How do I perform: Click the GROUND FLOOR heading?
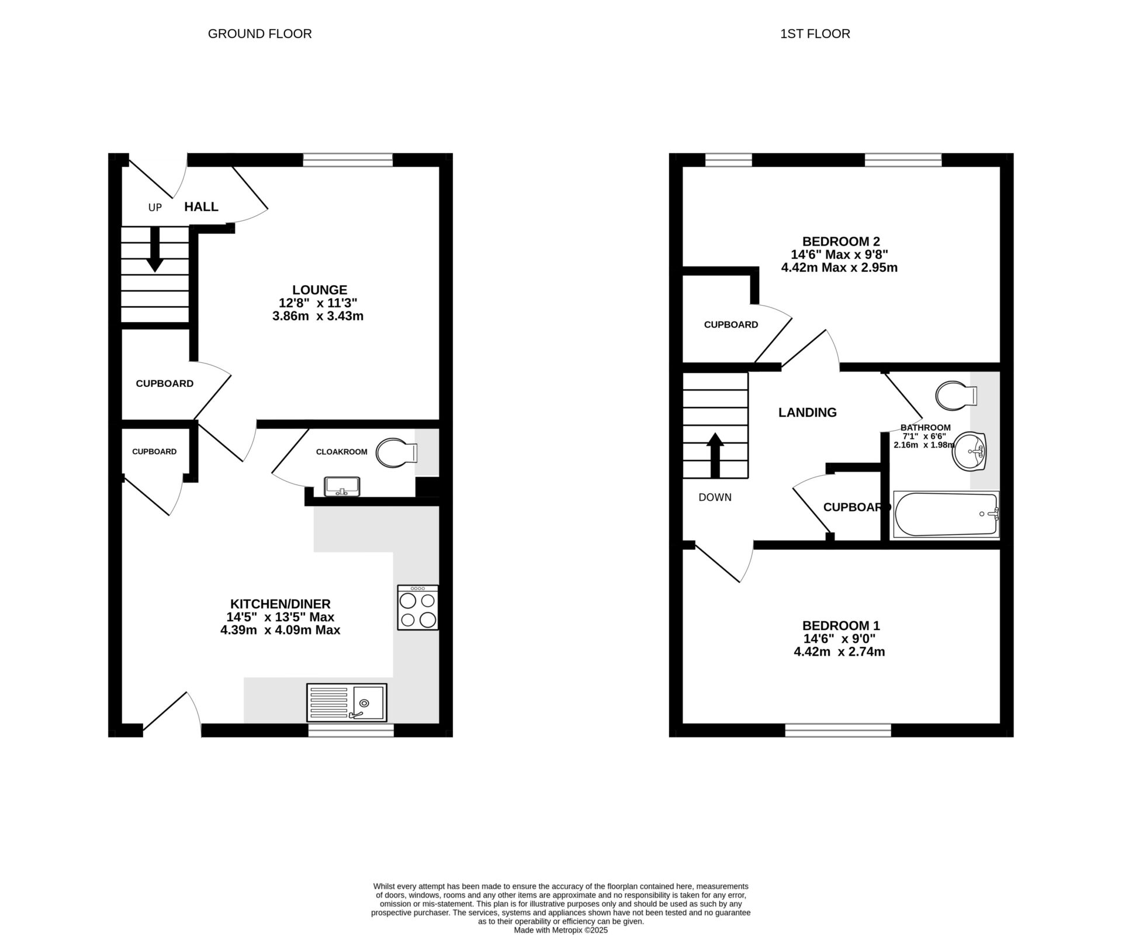(x=259, y=34)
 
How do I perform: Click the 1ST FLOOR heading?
(x=815, y=34)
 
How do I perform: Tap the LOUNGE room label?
(x=320, y=290)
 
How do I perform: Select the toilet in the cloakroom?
(x=396, y=453)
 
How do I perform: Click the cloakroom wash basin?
(x=342, y=486)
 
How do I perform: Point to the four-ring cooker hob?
(x=418, y=608)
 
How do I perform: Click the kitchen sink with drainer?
(x=347, y=702)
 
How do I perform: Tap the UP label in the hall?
(x=155, y=207)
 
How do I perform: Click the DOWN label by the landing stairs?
(x=715, y=497)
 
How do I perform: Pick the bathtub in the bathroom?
(x=945, y=514)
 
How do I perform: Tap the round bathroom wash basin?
(x=969, y=451)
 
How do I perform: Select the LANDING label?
(x=807, y=413)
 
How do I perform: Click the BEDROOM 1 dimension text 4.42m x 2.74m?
(x=839, y=652)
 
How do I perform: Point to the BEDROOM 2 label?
(x=841, y=241)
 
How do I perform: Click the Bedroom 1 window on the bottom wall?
(x=838, y=730)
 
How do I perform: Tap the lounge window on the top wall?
(x=348, y=160)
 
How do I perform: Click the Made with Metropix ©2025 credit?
(x=560, y=930)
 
